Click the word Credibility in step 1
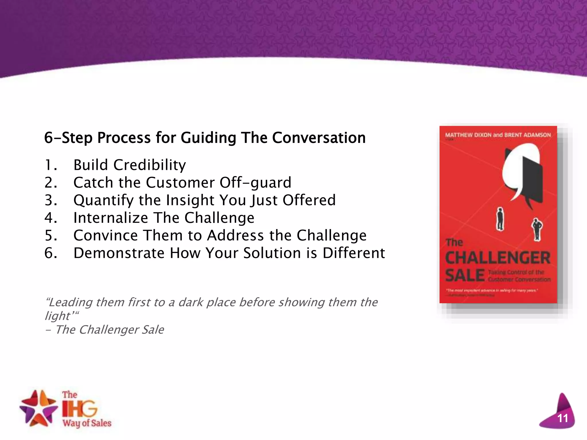(150, 165)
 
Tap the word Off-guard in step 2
(255, 183)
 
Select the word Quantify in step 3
(103, 201)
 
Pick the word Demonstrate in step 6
(118, 253)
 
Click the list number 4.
(50, 218)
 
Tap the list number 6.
(50, 254)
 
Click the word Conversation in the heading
(319, 138)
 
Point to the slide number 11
(563, 419)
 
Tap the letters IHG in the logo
(80, 410)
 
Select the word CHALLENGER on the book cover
(498, 258)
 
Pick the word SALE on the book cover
(465, 276)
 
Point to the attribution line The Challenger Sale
(109, 330)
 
